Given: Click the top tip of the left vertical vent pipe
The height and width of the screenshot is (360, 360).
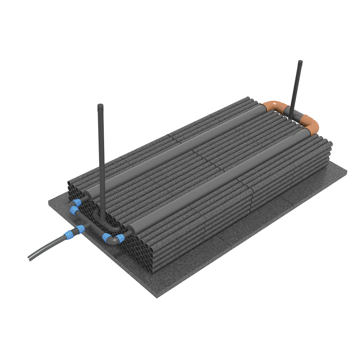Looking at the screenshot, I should point(100,105).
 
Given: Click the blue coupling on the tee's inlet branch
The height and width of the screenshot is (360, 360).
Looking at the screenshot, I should point(79,229).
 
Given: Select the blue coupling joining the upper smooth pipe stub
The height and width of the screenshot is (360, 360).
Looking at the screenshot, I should point(77,202).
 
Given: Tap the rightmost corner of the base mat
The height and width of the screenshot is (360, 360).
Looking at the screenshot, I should point(347,172).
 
